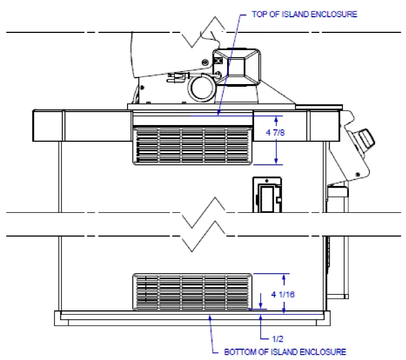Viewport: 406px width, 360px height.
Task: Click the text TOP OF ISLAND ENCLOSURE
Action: pos(305,14)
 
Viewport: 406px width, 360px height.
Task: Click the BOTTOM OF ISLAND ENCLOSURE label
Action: pos(285,352)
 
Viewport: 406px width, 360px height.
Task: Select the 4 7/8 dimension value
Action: pos(275,133)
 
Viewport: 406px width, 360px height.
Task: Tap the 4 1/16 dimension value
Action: pos(283,294)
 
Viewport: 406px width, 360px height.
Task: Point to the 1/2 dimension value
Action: pos(277,339)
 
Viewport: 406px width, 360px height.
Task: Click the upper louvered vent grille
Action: pos(192,146)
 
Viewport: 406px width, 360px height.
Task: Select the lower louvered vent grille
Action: pos(192,292)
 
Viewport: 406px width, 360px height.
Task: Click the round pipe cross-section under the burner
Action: pos(201,88)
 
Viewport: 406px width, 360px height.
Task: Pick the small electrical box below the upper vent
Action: pos(267,195)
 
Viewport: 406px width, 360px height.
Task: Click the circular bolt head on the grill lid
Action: pos(205,62)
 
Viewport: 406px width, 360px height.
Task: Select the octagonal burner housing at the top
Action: pos(236,67)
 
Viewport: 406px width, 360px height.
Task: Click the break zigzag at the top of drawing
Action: pos(203,32)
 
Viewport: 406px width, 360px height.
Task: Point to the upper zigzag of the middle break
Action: pos(203,212)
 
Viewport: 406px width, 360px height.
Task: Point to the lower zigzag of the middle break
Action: pos(203,236)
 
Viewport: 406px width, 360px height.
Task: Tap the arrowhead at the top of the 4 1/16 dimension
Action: pos(284,277)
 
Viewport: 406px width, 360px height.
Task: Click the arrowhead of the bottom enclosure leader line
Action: pos(210,318)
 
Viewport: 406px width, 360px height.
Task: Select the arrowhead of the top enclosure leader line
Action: pos(219,113)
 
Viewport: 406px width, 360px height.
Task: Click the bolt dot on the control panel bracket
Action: pos(358,175)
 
